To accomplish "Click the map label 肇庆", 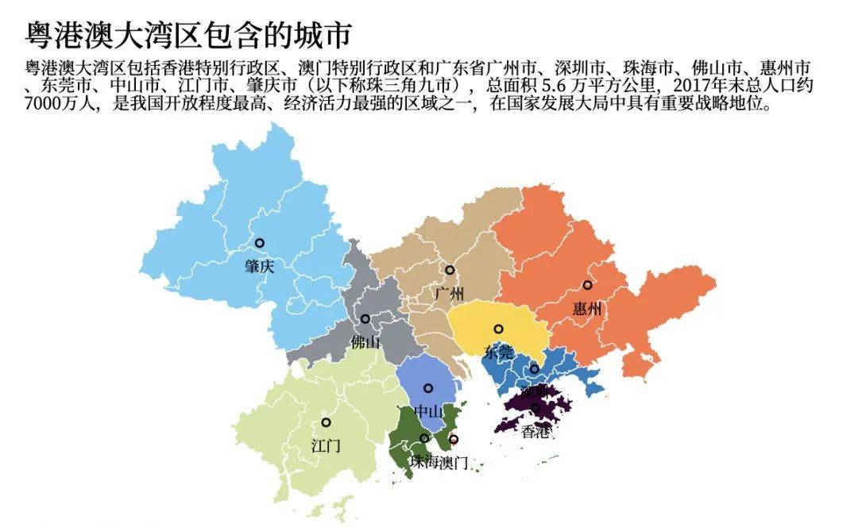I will (259, 267).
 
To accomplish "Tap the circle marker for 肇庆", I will (259, 243).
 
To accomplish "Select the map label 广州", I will (449, 294).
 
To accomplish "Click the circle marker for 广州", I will (450, 270).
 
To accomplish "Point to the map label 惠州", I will (587, 309).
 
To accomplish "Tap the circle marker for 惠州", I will (587, 285).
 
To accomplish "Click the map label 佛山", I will (365, 342).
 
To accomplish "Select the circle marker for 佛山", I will (365, 318).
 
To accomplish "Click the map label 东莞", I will (498, 353).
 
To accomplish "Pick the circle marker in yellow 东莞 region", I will (498, 329).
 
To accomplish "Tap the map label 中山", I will (428, 411).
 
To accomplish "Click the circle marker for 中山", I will (428, 388).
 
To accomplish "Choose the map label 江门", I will (326, 445).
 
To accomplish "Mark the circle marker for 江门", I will (326, 422).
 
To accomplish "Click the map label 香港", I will (535, 432).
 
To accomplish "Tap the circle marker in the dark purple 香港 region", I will (535, 408).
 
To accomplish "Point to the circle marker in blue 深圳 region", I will (535, 369).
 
